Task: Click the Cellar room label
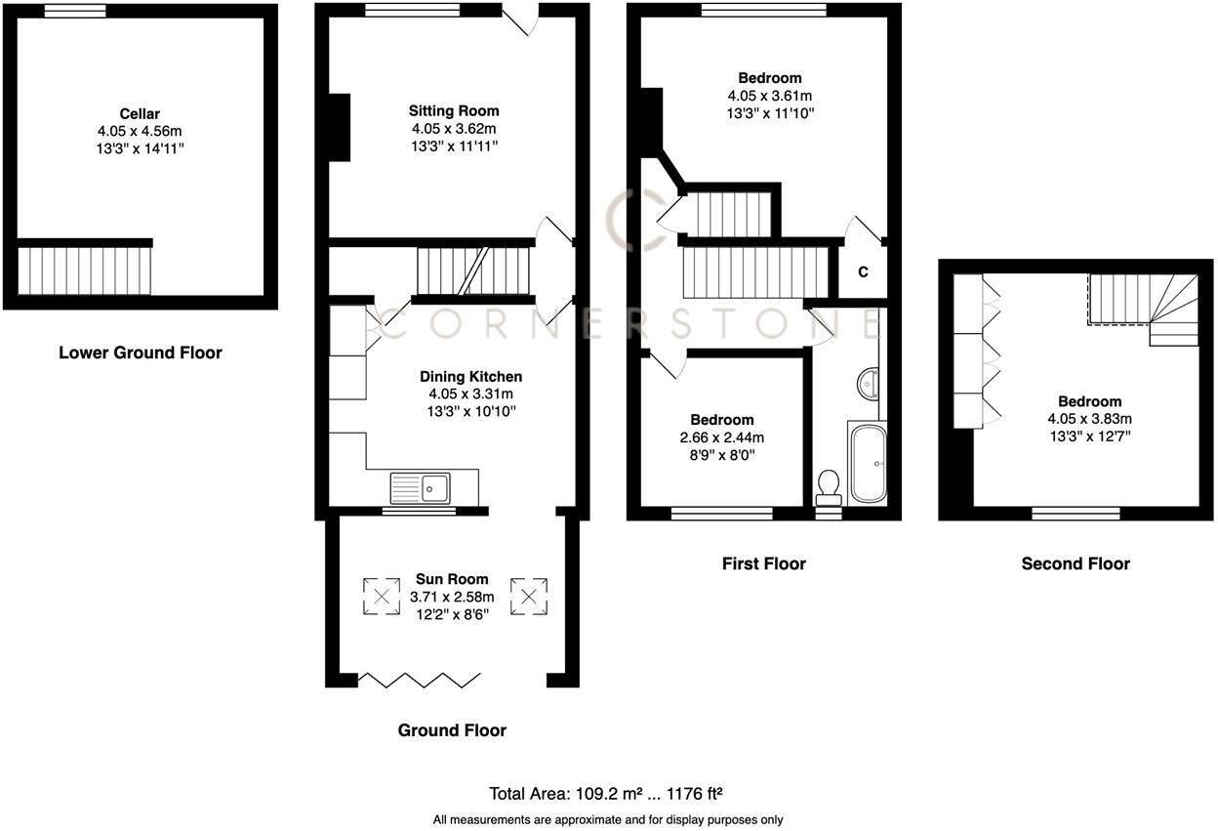(140, 114)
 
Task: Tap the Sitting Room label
(453, 111)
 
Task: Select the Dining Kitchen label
(470, 376)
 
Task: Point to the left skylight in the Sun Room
(381, 597)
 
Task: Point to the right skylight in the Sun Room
(529, 597)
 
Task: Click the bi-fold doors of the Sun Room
(420, 679)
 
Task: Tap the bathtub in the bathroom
(867, 464)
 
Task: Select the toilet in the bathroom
(829, 485)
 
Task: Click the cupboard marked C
(863, 272)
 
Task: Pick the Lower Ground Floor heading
(140, 353)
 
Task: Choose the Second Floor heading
(1076, 563)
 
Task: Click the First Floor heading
(763, 563)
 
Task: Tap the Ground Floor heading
(452, 730)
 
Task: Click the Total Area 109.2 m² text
(605, 794)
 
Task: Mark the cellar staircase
(86, 270)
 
